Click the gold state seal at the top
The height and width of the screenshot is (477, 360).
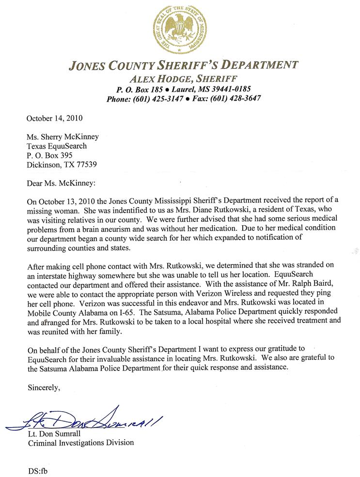(x=179, y=29)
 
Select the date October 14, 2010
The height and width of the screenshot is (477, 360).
(x=54, y=118)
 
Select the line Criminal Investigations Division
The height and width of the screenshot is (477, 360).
(x=80, y=443)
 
